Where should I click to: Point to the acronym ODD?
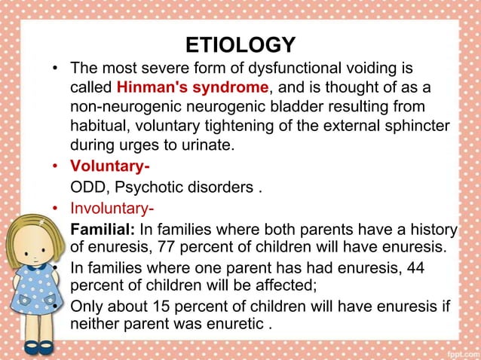pyautogui.click(x=85, y=187)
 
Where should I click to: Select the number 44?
pyautogui.click(x=413, y=268)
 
